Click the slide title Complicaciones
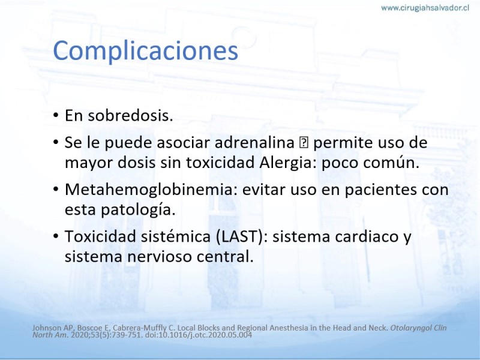[x=145, y=51]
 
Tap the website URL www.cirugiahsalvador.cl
[x=425, y=8]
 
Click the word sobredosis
[x=130, y=115]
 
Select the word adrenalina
[x=254, y=142]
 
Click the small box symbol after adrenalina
[x=304, y=143]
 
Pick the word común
[x=391, y=163]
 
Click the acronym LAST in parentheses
[x=239, y=236]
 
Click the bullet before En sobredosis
[x=55, y=116]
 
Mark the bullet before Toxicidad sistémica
[x=55, y=236]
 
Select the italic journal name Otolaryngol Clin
[x=418, y=328]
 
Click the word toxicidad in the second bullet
[x=221, y=163]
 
